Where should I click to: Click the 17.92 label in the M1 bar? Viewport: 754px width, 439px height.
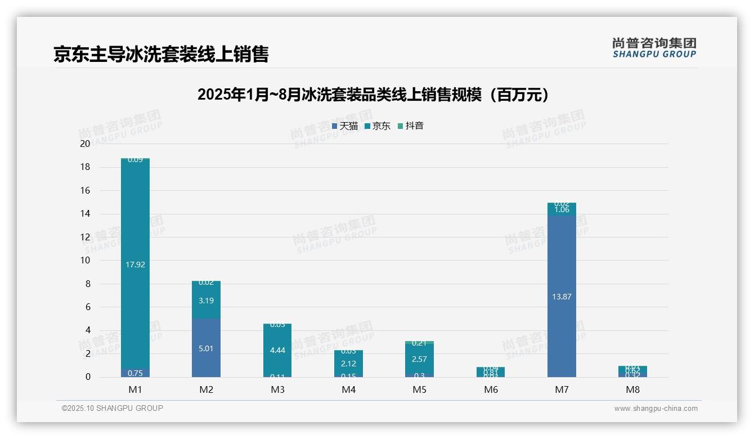(136, 265)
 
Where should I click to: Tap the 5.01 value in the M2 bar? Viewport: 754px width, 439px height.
(206, 348)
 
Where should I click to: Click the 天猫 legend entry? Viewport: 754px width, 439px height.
(345, 126)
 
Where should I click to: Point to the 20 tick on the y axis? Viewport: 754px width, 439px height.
(85, 144)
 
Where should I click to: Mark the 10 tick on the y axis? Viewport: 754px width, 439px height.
(85, 260)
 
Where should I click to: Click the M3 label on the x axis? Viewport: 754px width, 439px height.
(277, 389)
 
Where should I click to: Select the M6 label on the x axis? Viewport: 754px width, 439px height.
(491, 389)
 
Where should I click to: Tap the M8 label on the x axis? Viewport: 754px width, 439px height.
(632, 389)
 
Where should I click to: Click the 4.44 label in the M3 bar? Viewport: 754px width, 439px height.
(277, 350)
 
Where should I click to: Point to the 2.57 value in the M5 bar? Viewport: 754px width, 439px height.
(419, 359)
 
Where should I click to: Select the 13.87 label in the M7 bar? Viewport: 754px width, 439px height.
(562, 297)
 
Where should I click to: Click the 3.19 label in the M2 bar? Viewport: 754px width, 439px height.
(206, 301)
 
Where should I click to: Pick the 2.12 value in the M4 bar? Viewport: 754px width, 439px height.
(348, 364)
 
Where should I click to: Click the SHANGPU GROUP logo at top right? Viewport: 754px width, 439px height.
(654, 47)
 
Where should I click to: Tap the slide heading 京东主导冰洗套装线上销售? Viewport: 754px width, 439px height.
(161, 54)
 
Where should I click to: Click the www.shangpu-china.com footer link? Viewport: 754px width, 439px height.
(656, 409)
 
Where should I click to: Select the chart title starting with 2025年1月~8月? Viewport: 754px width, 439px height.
(373, 95)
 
